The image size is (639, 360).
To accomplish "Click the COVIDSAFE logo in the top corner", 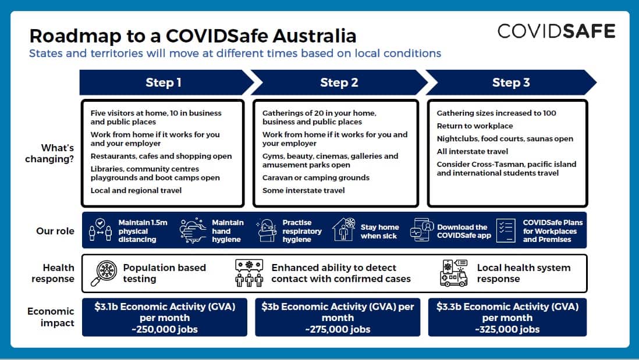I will tap(556, 31).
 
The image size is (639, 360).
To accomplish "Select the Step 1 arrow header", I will tap(164, 83).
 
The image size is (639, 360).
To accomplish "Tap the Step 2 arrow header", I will tap(339, 83).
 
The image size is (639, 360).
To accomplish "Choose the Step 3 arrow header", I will tap(510, 83).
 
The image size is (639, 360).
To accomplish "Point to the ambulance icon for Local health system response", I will tap(453, 273).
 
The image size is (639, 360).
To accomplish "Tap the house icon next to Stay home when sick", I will tap(343, 230).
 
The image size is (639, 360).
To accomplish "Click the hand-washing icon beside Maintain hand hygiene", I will tap(193, 231).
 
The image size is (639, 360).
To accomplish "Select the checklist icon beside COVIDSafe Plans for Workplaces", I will tap(506, 231).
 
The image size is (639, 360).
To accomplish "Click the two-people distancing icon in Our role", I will tap(100, 231).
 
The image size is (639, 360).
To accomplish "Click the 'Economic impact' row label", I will tap(51, 317).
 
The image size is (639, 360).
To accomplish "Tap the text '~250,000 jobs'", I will tap(165, 329).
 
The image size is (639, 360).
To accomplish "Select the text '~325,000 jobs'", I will tap(507, 329).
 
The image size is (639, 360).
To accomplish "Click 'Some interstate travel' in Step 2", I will tap(303, 191).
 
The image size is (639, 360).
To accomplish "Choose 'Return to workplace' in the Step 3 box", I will tap(475, 126).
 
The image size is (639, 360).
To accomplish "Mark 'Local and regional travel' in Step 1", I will tap(136, 191).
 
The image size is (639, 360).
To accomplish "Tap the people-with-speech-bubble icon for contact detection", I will tap(249, 273).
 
